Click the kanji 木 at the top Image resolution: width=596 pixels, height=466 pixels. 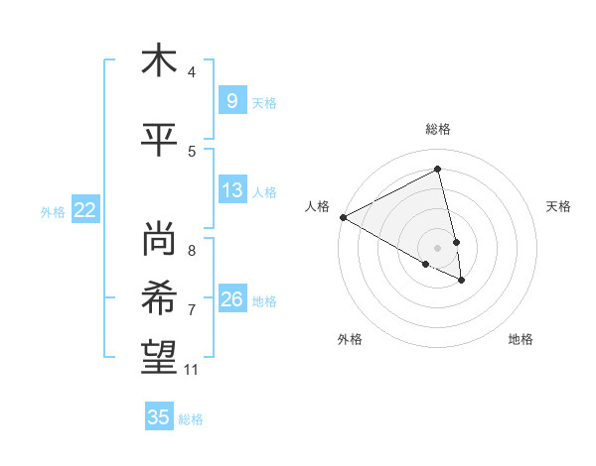click(159, 60)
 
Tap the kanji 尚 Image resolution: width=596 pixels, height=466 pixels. click(159, 239)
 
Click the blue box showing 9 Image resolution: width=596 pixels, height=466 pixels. click(231, 100)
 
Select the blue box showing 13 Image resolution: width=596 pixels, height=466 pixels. click(231, 190)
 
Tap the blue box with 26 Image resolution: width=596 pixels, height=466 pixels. click(231, 298)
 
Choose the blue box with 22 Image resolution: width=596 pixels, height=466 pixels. click(85, 209)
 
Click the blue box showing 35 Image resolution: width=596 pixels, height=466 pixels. click(159, 417)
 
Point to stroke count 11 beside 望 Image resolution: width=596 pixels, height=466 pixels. click(192, 370)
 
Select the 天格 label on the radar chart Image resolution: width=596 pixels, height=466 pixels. click(559, 206)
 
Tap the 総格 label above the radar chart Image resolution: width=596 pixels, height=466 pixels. click(438, 129)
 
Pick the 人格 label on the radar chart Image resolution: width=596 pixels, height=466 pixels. click(318, 206)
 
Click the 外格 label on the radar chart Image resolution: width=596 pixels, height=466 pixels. click(350, 339)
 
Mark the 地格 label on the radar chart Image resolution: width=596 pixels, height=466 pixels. click(521, 339)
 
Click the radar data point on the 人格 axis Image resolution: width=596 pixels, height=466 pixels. click(343, 217)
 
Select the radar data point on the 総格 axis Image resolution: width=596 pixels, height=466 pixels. click(438, 170)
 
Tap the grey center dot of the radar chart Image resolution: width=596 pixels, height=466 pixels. click(438, 247)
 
